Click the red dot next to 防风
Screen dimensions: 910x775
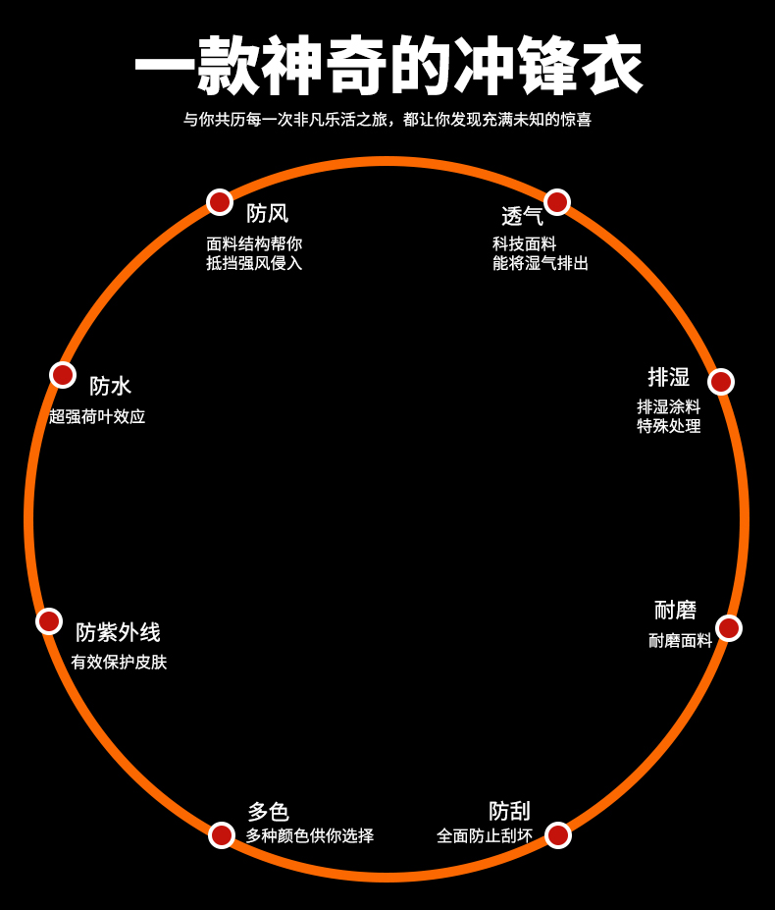[220, 202]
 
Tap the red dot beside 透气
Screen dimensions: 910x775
[557, 202]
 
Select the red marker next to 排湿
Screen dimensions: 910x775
[721, 382]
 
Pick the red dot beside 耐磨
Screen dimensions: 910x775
[729, 628]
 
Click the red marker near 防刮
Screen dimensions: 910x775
[558, 835]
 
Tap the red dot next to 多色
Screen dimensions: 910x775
[222, 835]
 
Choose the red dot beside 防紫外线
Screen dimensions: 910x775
[49, 621]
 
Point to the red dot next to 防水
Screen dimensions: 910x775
[63, 375]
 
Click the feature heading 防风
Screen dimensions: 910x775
[267, 213]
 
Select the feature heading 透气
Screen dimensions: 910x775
[522, 216]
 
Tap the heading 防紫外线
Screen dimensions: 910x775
[118, 633]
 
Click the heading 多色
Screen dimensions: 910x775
[268, 812]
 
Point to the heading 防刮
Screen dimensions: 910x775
[509, 811]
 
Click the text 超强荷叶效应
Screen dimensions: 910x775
[97, 416]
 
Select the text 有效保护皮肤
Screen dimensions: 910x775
[119, 663]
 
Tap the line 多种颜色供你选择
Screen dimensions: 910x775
[309, 836]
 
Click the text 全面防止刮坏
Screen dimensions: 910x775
[485, 836]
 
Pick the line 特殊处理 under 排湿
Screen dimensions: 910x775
[669, 426]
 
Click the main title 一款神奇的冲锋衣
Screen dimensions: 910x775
[388, 67]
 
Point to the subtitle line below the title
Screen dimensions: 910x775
[387, 120]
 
